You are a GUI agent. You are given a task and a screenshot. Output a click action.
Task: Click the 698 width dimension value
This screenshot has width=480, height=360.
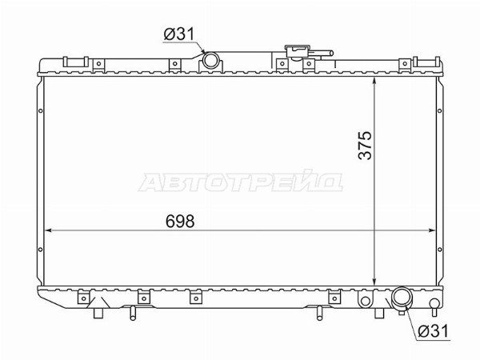[180, 221]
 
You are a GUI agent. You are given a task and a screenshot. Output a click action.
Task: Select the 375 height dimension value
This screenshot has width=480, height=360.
[365, 146]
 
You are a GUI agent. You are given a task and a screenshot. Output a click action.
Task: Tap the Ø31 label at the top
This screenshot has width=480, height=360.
[179, 34]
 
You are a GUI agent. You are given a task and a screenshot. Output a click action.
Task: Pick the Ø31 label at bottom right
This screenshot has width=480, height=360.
[433, 330]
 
